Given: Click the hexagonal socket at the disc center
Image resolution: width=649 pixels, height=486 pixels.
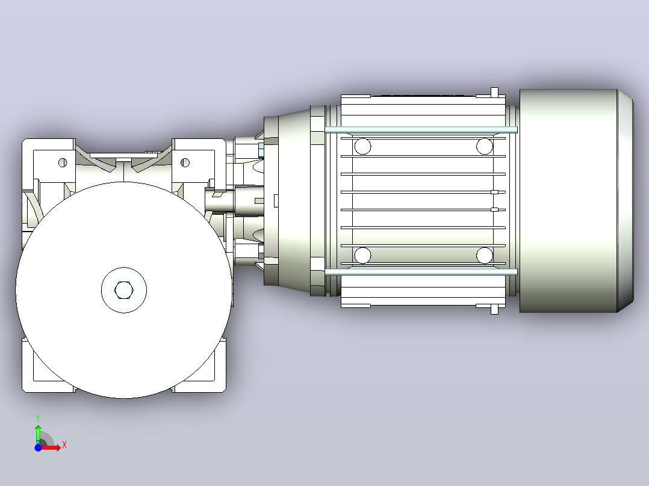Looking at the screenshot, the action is (x=124, y=290).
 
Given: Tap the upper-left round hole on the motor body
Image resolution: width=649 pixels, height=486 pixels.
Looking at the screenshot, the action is (x=363, y=146).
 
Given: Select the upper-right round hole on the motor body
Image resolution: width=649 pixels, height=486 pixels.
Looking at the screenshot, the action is (x=484, y=146).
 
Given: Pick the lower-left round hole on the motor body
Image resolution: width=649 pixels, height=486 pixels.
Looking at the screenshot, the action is (x=363, y=255).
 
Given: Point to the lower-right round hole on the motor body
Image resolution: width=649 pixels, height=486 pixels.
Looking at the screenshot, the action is (x=484, y=255).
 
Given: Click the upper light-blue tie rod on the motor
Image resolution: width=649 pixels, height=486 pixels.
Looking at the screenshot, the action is (x=421, y=130).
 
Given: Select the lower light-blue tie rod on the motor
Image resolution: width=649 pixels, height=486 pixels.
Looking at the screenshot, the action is (x=421, y=272).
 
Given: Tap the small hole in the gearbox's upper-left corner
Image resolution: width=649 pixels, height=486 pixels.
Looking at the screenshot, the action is (x=63, y=162).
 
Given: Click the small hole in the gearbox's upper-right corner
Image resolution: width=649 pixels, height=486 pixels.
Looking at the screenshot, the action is (x=185, y=162).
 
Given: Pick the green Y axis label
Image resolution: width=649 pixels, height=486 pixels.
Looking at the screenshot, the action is (x=38, y=419).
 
